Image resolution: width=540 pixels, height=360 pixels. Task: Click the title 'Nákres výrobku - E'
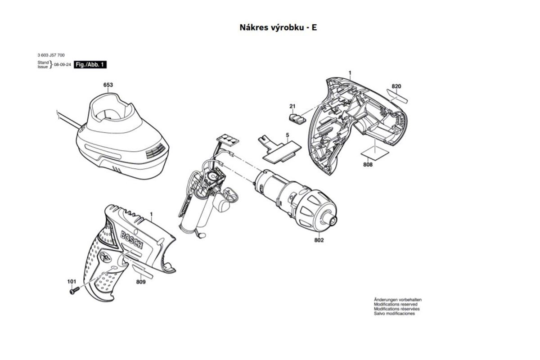278,27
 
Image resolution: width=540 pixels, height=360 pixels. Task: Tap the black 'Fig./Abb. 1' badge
90,65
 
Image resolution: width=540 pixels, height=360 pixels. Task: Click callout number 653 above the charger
108,85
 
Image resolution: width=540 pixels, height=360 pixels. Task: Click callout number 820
396,86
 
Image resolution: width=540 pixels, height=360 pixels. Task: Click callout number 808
368,165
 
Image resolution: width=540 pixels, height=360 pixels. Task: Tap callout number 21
292,106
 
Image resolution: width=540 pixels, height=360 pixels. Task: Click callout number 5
286,135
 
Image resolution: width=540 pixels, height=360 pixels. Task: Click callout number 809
140,282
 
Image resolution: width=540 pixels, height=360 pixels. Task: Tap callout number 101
72,282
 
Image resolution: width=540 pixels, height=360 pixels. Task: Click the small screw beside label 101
74,291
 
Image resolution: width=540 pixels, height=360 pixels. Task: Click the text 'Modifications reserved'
396,304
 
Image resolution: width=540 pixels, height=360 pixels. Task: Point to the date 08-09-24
63,65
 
